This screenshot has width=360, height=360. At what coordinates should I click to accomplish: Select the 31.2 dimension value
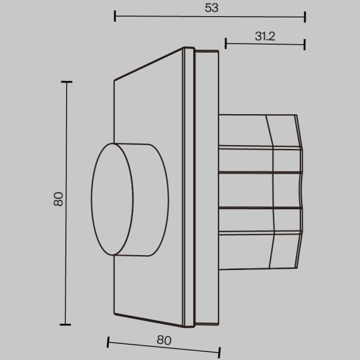pos(265,36)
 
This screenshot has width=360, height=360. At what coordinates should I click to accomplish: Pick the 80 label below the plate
pos(163,340)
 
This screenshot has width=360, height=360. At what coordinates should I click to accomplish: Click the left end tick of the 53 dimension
pos(115,16)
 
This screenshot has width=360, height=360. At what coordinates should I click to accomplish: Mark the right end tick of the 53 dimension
pos(305,16)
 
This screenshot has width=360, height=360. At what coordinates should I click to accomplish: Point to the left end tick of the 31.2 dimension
pos(225,43)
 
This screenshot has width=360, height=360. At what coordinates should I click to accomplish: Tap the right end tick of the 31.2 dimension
pos(305,43)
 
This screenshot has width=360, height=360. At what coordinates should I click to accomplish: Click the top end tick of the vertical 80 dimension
pos(67,82)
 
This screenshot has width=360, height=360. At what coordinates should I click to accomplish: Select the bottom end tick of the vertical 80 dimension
pos(67,324)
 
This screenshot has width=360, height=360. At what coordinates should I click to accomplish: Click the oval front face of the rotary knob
pos(112,200)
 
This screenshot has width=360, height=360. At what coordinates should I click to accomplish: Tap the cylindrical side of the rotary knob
pos(149,200)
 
